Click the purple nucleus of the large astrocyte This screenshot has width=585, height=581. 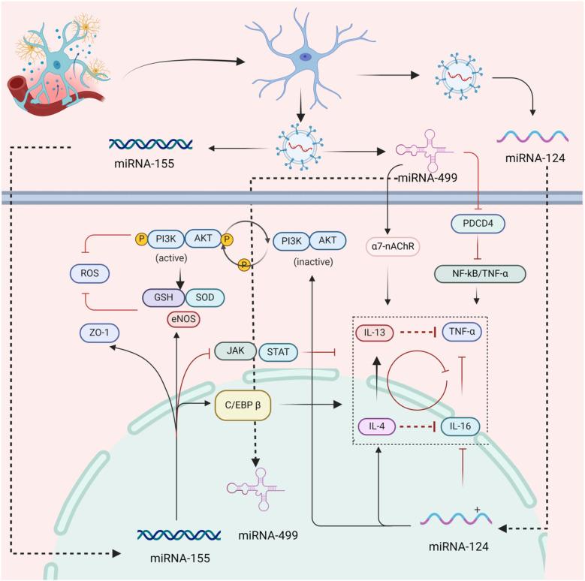[x=305, y=56]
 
